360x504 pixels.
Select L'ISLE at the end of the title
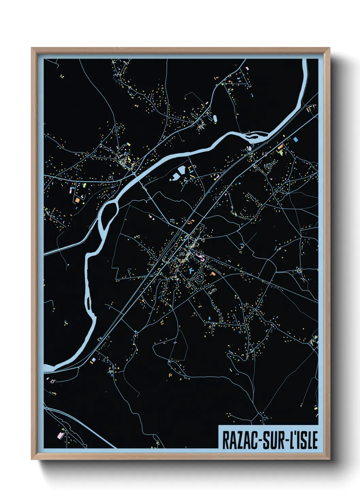[304, 440]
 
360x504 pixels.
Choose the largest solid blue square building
[295, 139]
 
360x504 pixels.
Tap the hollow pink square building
[52, 381]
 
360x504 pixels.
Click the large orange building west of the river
[77, 200]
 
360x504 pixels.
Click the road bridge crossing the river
[135, 174]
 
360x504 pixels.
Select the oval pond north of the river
[215, 118]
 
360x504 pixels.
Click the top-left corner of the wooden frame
[32, 48]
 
